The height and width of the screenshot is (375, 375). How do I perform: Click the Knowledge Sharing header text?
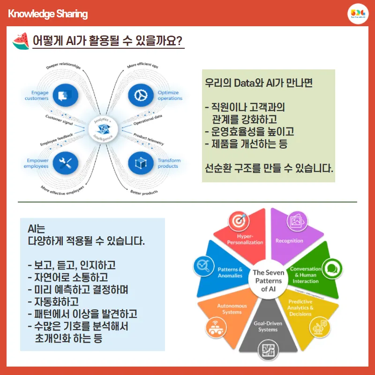coord(48,14)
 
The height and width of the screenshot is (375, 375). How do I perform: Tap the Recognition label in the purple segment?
coord(289,240)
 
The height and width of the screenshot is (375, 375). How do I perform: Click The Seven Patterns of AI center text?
coord(268,281)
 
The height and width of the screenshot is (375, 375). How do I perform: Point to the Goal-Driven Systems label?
coord(268,326)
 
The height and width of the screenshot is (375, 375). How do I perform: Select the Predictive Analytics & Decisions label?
coord(300,307)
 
